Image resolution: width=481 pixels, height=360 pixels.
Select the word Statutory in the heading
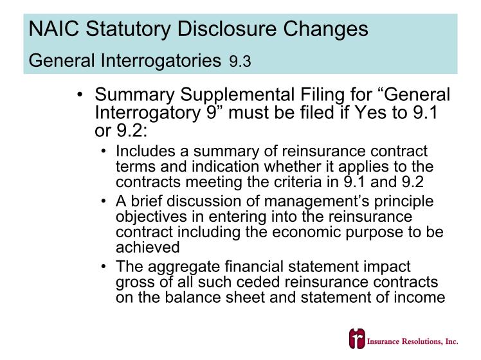[x=128, y=29]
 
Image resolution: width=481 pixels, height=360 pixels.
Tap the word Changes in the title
[x=325, y=29]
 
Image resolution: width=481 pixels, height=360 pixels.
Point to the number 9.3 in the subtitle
[x=240, y=61]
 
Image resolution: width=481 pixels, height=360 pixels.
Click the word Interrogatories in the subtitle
[x=161, y=60]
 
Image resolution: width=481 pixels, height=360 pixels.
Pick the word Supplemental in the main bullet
[x=237, y=94]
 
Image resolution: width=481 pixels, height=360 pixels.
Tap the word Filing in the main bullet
[x=323, y=94]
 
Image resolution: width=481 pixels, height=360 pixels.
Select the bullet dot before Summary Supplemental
[x=80, y=94]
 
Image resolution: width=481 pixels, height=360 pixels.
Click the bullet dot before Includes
[x=104, y=151]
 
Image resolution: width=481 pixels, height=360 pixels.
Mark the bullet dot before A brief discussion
[x=104, y=201]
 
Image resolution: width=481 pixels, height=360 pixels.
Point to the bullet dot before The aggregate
[x=104, y=267]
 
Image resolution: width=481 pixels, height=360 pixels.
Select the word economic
[x=306, y=232]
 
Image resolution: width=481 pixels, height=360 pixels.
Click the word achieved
[x=147, y=247]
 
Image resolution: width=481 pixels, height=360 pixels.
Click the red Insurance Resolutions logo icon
[x=357, y=339]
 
